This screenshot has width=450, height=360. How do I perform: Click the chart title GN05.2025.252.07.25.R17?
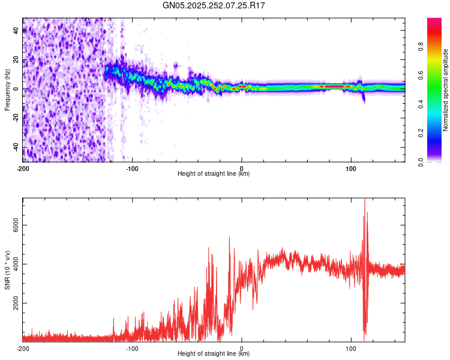(214, 5)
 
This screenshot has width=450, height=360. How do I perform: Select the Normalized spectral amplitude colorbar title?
(445, 90)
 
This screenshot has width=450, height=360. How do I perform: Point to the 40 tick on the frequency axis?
(17, 30)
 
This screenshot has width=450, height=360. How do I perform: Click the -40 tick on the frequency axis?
(16, 147)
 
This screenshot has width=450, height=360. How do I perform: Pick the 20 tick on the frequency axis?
(17, 59)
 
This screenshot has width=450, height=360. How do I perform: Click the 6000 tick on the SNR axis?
(13, 225)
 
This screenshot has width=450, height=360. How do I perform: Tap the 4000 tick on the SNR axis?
(13, 265)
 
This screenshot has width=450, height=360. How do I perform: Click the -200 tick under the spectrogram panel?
(23, 168)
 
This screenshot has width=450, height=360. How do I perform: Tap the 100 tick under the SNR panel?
(351, 348)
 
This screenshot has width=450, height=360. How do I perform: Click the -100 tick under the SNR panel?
(132, 348)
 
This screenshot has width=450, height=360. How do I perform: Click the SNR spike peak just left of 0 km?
(229, 238)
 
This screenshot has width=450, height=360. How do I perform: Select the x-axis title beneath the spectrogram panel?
(214, 174)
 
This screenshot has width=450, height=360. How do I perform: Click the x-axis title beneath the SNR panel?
(214, 354)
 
